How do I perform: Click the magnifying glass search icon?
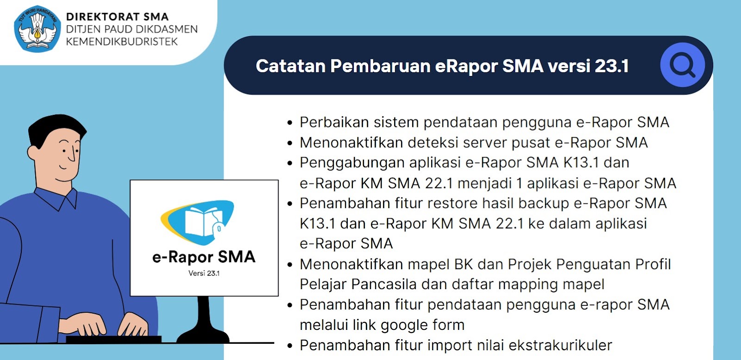click(x=682, y=65)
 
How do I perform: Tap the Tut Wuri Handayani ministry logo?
click(x=38, y=29)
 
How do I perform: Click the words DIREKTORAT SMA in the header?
click(x=117, y=17)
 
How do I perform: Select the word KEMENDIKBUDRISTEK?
click(x=122, y=42)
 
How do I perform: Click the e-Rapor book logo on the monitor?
click(x=199, y=221)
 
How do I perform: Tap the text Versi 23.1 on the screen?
click(x=204, y=273)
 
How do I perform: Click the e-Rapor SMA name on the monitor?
click(x=204, y=257)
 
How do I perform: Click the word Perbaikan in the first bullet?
click(x=334, y=122)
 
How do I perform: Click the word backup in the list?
click(x=543, y=203)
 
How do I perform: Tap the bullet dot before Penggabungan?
click(x=290, y=164)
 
